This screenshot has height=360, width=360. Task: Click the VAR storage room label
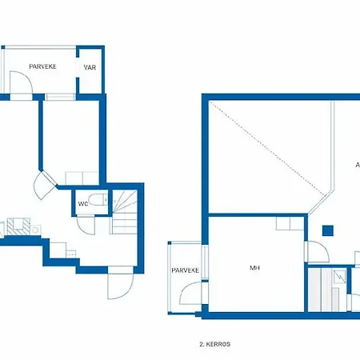coord(90,67)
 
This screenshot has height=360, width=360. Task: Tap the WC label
coord(82,203)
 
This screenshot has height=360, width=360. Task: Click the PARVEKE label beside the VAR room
coord(42,67)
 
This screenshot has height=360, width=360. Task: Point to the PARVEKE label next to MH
coord(186,270)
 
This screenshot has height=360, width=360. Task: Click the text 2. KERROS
coord(214,344)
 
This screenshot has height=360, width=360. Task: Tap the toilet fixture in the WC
coord(96,202)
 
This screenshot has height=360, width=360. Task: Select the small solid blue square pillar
coord(326,231)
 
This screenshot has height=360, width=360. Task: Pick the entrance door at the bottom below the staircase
coord(118,283)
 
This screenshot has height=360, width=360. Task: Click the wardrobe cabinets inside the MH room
coord(285,223)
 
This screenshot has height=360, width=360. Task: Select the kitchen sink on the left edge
coord(18,226)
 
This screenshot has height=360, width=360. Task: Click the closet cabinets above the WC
coord(78,178)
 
